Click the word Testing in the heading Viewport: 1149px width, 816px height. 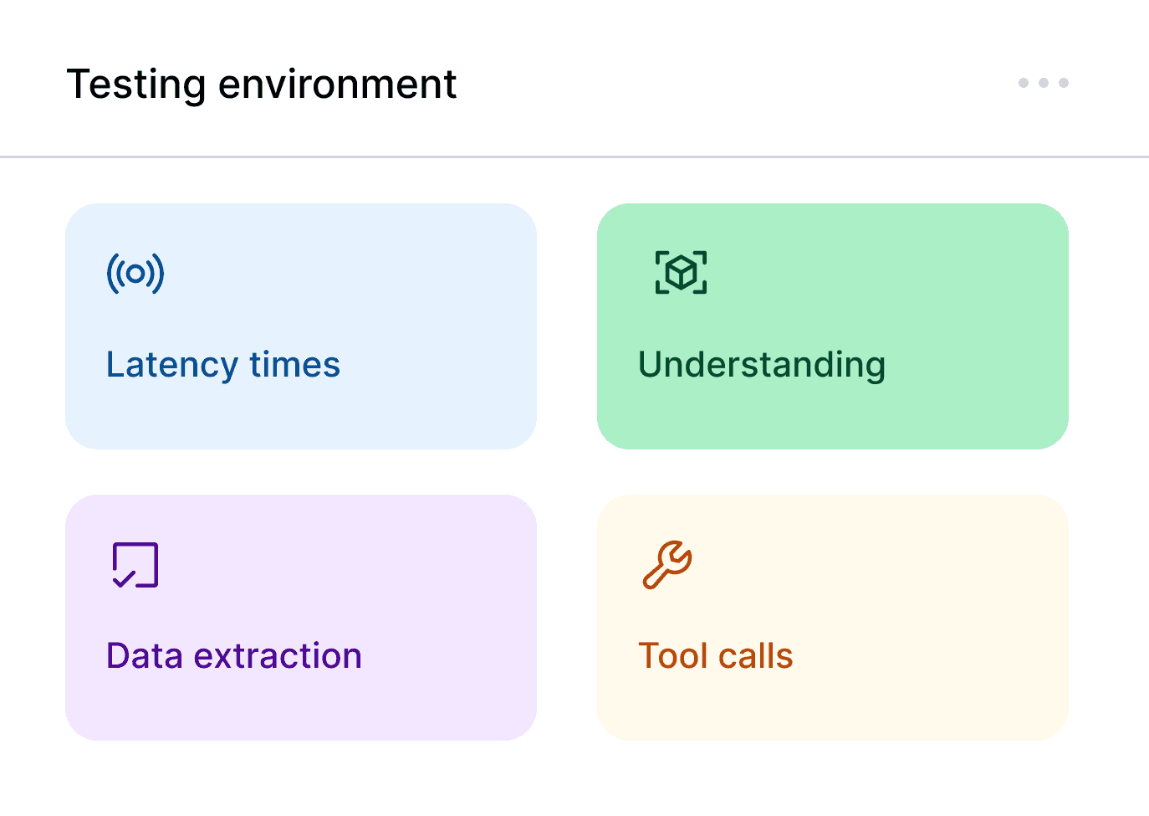(136, 85)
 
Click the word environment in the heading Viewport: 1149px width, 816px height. (337, 85)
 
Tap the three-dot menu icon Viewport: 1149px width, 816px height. (1043, 83)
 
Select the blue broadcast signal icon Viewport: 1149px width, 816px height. (135, 273)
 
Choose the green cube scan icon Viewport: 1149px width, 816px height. (681, 272)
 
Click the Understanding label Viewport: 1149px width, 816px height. (761, 365)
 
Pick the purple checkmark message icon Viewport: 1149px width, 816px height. (135, 565)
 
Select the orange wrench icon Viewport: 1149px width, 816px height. (667, 565)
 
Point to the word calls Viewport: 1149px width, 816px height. (755, 656)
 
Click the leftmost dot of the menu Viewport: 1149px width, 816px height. (1023, 83)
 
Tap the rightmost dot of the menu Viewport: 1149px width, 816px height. (1064, 83)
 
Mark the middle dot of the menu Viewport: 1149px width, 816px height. (1043, 83)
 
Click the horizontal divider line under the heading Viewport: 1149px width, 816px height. (574, 157)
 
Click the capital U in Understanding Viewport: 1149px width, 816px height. (651, 365)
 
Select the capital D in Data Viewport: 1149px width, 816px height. (118, 656)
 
